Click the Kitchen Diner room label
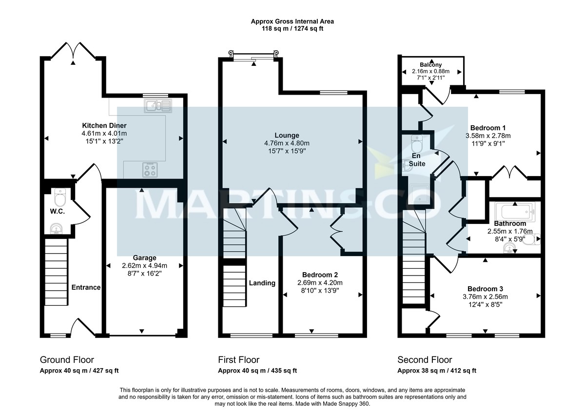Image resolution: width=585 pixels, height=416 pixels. pos(97,125)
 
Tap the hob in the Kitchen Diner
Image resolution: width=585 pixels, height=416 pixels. pos(151,170)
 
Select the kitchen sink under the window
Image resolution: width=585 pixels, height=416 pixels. pos(157,105)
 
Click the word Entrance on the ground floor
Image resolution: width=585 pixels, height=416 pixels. pos(86,287)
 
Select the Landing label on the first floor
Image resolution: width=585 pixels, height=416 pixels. pos(262,283)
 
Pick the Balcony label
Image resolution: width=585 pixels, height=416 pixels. pos(431,64)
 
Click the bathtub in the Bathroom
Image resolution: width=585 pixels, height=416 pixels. pos(514,213)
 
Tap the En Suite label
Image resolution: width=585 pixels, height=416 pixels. pos(417,159)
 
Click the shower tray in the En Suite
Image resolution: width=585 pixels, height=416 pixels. pos(415,194)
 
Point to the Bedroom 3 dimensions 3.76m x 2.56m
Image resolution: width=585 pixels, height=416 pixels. pos(485,297)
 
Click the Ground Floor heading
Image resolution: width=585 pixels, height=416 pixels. pos(67,360)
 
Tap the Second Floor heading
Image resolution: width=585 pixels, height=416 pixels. pos(425,360)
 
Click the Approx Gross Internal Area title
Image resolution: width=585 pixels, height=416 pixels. pos(292,21)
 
